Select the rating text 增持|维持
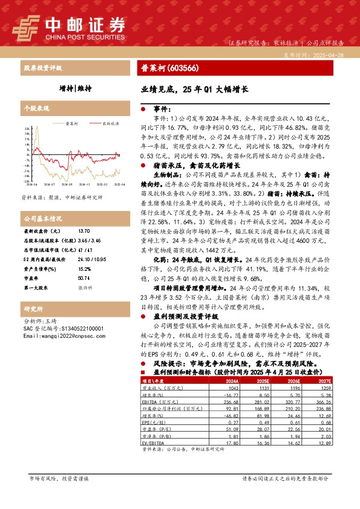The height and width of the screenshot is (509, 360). [76, 88]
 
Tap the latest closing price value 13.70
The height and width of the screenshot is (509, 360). [84, 231]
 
